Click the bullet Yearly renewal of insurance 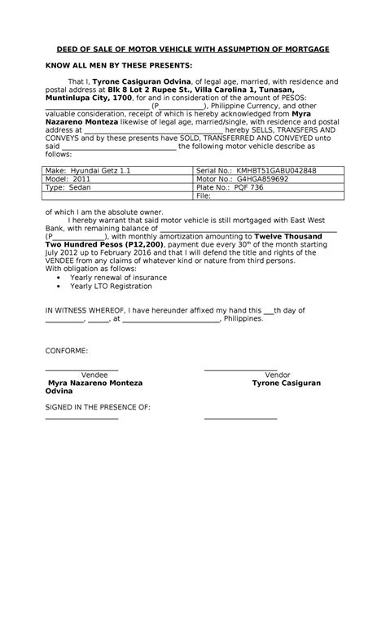[x=118, y=277]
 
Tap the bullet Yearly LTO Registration [x=111, y=286]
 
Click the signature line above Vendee [x=81, y=369]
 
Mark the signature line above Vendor [x=241, y=369]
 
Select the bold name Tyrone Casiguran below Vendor [x=286, y=383]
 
